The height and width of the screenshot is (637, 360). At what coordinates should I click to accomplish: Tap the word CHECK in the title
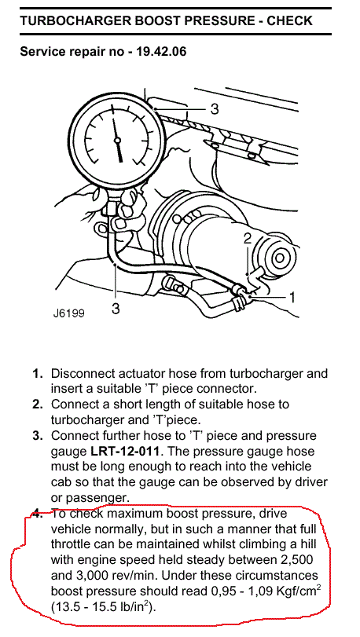coord(289,20)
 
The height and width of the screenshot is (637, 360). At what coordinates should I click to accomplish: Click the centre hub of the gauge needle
coord(118,141)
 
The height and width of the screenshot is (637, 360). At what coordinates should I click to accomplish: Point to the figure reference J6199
coord(68,313)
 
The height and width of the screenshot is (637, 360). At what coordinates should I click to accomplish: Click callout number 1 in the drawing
coord(291,298)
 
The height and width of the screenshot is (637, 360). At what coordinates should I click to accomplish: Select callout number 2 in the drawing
coord(248,240)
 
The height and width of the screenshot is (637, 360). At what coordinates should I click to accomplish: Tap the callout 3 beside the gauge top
coord(215,109)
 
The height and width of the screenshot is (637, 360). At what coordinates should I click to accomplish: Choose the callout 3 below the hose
coord(116,309)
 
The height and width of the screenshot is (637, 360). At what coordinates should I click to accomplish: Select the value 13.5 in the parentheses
coord(65,608)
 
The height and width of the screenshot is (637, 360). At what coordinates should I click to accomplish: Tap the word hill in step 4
coord(307,545)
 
